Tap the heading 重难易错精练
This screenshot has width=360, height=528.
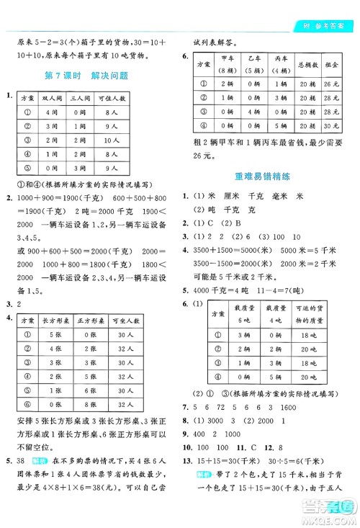click(x=262, y=175)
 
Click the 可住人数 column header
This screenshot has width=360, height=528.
click(x=113, y=96)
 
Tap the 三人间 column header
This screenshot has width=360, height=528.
click(x=81, y=96)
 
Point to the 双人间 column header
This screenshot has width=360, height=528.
click(x=52, y=96)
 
